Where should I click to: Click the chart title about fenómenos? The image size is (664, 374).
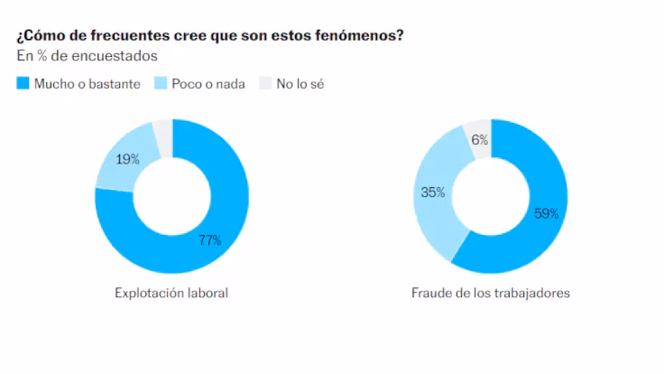[209, 36]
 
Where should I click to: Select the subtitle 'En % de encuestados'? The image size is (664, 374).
[87, 56]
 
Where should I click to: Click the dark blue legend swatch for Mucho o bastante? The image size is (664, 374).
[23, 84]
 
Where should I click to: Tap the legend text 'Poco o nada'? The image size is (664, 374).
[207, 84]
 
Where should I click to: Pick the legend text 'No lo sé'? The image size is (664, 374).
[300, 84]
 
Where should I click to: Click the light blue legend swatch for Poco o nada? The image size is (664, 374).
[161, 84]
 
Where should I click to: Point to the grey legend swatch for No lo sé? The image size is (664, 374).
[265, 84]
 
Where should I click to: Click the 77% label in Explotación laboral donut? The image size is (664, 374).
[209, 240]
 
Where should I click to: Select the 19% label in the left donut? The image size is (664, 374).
[128, 160]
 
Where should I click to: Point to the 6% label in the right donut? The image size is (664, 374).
[479, 140]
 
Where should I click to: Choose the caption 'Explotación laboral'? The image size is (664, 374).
[171, 294]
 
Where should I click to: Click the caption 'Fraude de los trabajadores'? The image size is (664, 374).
[490, 294]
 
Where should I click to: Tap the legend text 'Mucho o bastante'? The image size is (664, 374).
[87, 84]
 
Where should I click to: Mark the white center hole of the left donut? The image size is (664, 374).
[171, 196]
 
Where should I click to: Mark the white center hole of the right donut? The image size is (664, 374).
[491, 196]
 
